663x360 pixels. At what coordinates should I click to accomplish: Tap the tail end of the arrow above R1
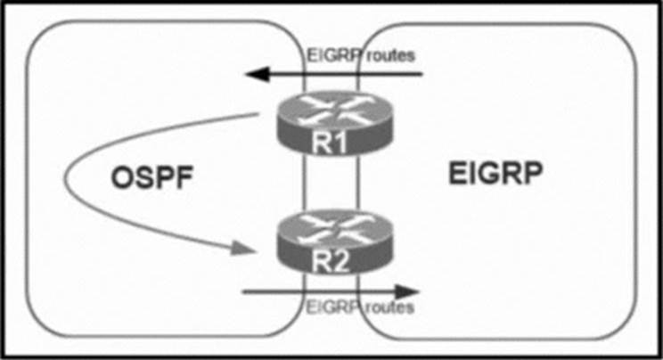tap(421, 74)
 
